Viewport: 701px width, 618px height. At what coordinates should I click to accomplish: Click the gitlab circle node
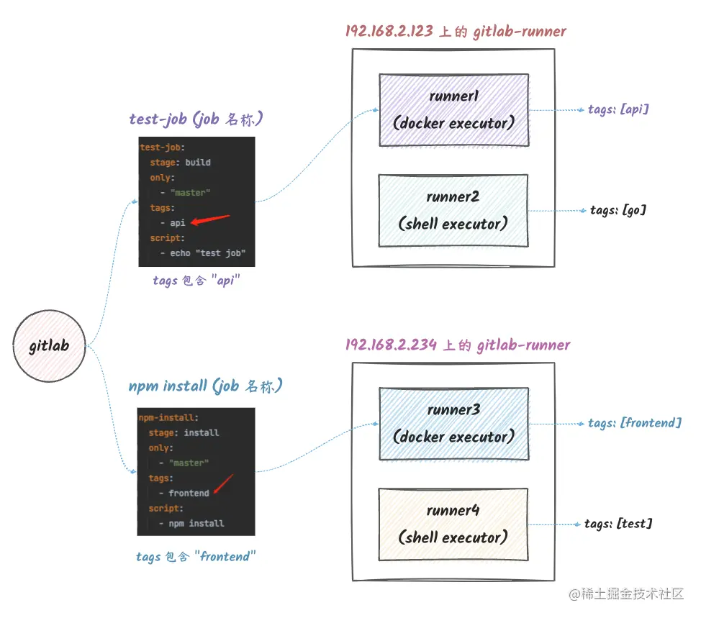tap(49, 346)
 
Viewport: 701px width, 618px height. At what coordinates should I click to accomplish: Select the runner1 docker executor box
tap(453, 110)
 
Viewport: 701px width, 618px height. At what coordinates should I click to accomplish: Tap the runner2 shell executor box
tap(453, 211)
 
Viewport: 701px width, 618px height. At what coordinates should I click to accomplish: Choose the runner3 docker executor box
tap(453, 424)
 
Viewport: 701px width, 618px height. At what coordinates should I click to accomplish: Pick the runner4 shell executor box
tap(453, 524)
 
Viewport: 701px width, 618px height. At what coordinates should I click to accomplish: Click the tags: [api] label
tap(618, 109)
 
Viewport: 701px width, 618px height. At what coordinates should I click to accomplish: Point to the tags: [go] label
tap(618, 210)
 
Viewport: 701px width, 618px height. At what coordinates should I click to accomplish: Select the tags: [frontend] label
tap(634, 423)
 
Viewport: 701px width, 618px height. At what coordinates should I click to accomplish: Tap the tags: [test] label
tap(618, 524)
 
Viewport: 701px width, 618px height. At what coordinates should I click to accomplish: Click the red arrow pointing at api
tap(210, 219)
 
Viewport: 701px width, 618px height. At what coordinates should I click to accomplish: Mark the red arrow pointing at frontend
tap(223, 483)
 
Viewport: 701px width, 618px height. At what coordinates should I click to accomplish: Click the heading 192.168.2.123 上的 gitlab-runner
tap(456, 31)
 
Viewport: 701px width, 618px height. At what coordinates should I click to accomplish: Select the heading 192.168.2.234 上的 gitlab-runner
tap(456, 345)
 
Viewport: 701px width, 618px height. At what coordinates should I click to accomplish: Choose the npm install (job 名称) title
tap(206, 386)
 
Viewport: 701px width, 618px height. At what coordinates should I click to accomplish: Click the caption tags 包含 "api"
tap(196, 281)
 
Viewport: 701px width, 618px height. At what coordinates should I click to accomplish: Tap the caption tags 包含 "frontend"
tap(196, 557)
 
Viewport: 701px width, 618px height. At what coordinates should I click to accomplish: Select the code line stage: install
tap(184, 432)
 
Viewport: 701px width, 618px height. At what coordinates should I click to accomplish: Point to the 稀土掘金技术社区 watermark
tap(626, 594)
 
